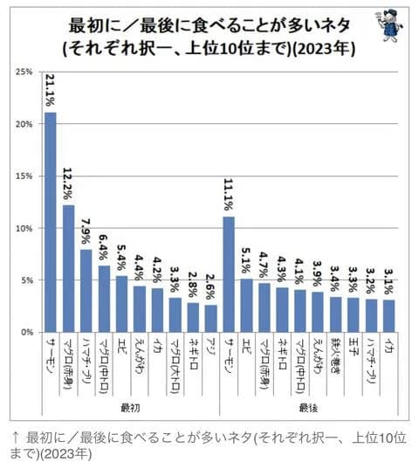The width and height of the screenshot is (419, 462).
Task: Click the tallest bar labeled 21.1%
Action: [50, 223]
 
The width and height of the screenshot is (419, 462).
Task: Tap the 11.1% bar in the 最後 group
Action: [230, 275]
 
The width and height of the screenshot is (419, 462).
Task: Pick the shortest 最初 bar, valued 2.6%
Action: [210, 319]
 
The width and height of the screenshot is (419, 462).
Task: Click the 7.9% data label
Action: [86, 233]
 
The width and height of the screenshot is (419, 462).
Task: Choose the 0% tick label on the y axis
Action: [26, 333]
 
